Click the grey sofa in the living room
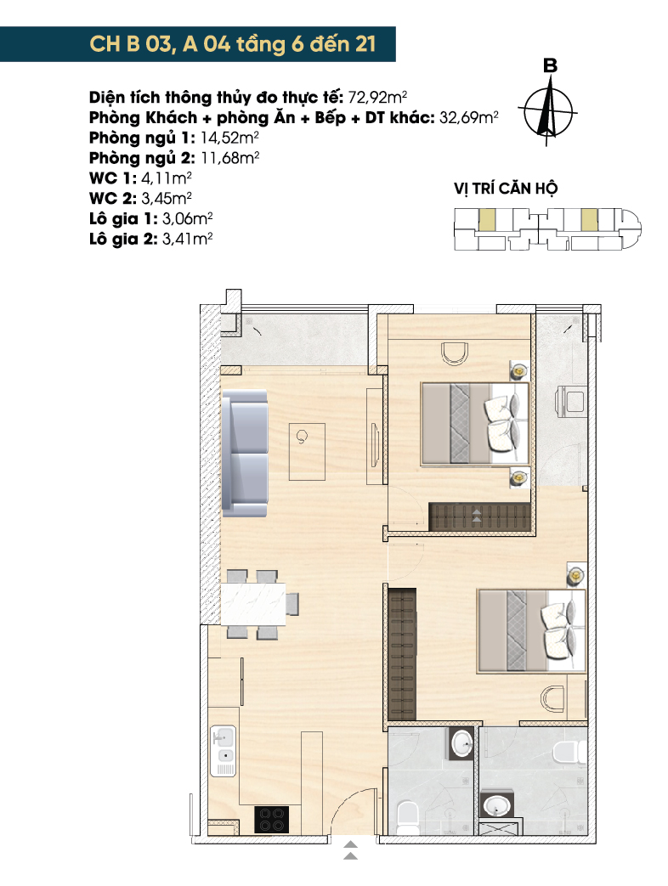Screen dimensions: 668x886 tap(245, 454)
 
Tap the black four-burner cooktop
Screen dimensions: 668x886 tap(271, 820)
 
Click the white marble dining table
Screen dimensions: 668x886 tap(253, 604)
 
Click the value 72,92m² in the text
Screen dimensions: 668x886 tap(377, 97)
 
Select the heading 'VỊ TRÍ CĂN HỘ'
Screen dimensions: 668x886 tap(505, 189)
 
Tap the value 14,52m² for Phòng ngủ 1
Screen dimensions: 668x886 tap(229, 138)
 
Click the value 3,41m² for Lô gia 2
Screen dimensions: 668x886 tap(187, 239)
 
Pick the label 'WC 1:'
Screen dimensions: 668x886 tap(113, 178)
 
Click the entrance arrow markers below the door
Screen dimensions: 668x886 tap(350, 850)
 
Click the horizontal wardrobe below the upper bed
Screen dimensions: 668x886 tap(480, 516)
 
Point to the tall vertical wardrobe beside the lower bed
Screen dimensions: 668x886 tap(402, 654)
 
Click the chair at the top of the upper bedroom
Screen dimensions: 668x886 tap(455, 353)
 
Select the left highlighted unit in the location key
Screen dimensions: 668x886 tap(487, 219)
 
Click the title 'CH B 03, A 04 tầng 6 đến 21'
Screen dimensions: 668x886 tap(232, 44)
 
